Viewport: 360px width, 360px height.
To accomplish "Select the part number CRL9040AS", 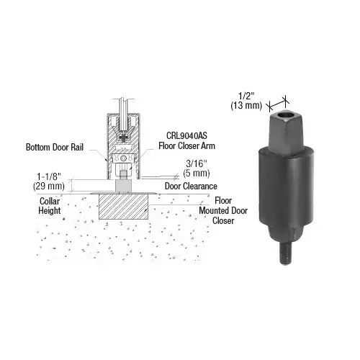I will [x=177, y=135].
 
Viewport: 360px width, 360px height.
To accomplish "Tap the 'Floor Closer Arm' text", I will [x=182, y=144].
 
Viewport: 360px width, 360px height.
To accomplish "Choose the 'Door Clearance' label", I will [x=192, y=186].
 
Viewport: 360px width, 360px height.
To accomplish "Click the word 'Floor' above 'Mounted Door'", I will [x=222, y=199].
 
